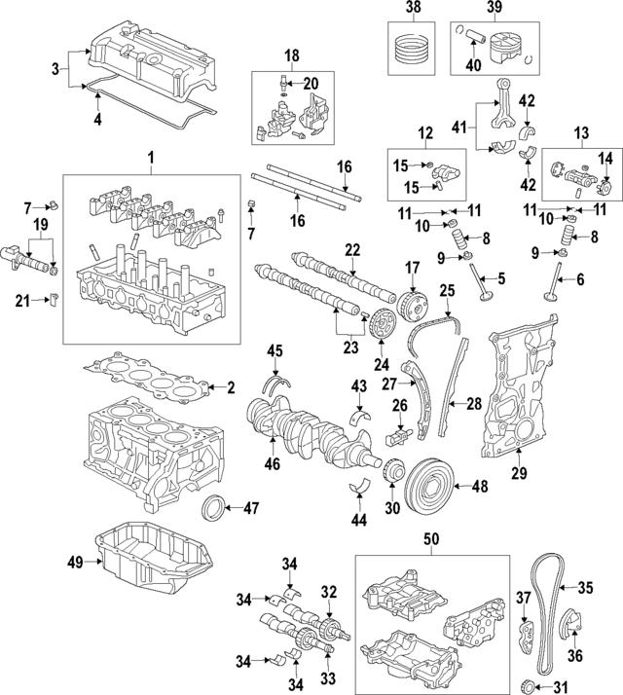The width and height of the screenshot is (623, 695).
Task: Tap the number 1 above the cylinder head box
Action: coord(151,157)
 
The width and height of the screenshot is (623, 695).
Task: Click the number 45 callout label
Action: coord(275,350)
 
